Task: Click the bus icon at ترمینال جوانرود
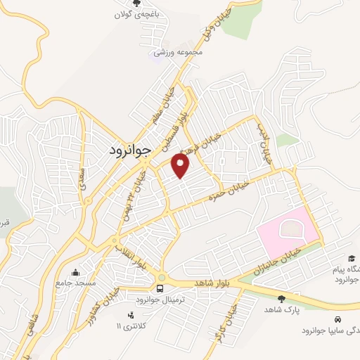162,288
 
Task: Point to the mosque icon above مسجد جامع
76,272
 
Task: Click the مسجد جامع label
75,283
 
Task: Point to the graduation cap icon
351,258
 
